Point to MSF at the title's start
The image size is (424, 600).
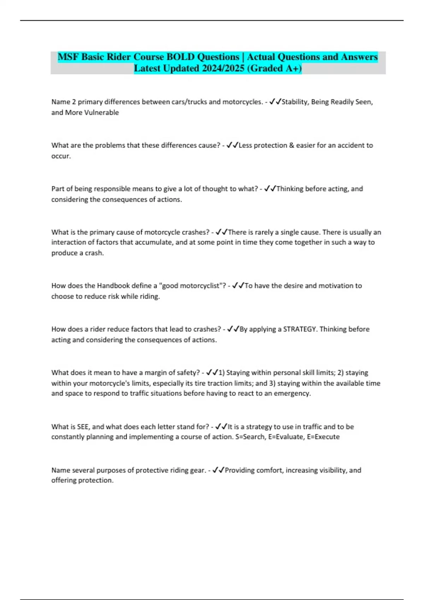click(x=68, y=57)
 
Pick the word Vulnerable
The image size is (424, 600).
click(x=101, y=113)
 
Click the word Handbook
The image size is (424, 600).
click(x=113, y=286)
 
